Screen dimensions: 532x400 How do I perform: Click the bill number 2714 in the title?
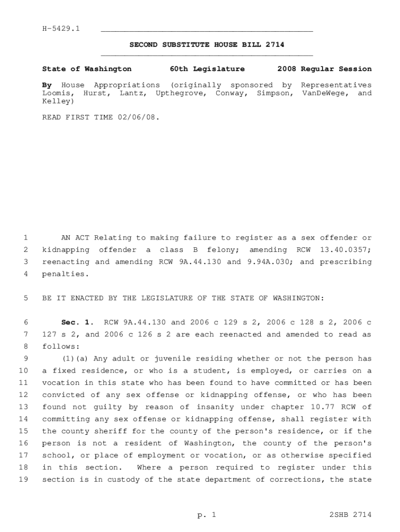274,45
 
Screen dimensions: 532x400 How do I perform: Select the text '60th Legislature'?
207,69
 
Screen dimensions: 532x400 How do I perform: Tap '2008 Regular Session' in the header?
324,69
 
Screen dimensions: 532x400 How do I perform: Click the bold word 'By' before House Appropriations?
47,85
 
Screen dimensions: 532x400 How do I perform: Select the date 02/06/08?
140,118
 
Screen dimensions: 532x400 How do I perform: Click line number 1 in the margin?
25,238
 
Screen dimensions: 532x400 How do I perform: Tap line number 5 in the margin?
25,298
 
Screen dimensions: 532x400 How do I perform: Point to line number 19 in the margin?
23,480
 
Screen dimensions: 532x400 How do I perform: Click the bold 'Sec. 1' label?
75,323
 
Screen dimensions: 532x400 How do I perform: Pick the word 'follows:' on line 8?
61,347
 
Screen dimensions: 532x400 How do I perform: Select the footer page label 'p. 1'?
206,515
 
